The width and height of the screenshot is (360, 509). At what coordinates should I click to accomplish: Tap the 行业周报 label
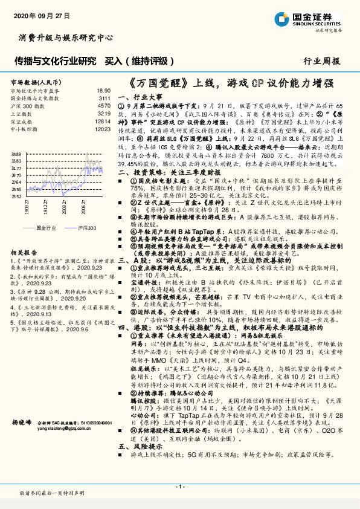pos(321,61)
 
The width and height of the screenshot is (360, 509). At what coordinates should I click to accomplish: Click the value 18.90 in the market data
pos(103,89)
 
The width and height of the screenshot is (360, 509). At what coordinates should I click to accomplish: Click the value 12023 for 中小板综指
pos(102,129)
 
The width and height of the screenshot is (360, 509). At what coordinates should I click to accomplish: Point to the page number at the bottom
pos(179,487)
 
